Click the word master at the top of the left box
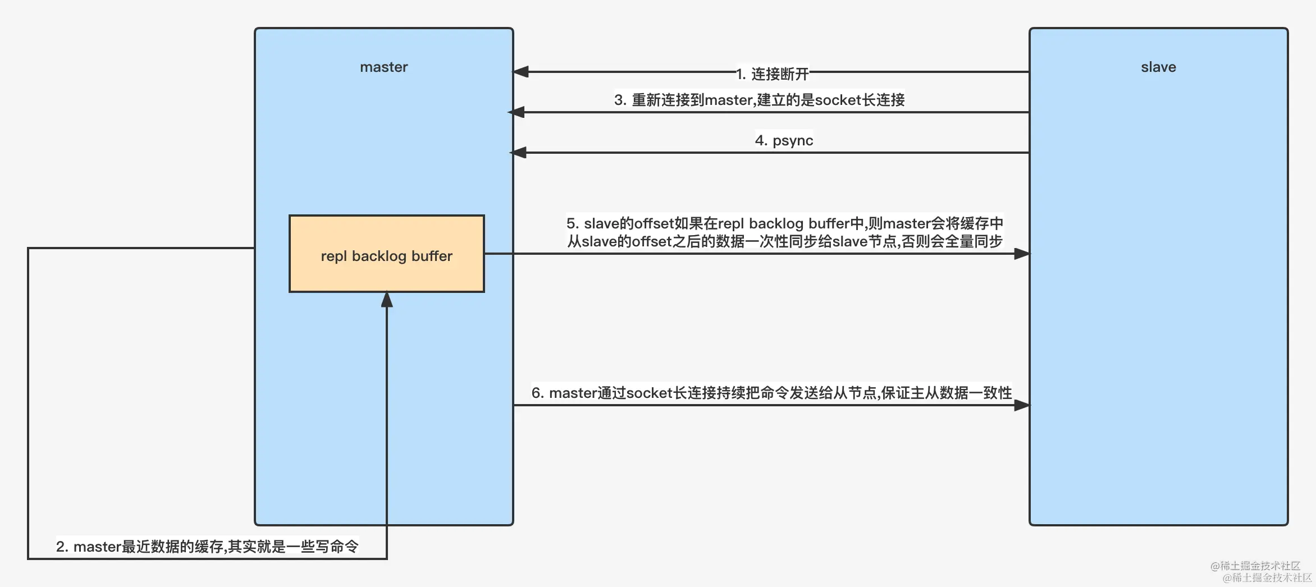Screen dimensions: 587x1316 point(383,67)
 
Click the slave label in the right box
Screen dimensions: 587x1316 point(1158,67)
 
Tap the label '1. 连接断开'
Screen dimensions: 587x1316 point(773,74)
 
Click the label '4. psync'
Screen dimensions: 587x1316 point(784,140)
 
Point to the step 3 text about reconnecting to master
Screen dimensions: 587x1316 point(759,100)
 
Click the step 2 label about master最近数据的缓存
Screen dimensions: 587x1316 point(207,547)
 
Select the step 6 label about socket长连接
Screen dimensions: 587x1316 point(771,393)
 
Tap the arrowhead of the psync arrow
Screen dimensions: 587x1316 point(518,153)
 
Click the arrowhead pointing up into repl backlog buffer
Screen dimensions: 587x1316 point(387,300)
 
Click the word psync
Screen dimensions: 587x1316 point(793,140)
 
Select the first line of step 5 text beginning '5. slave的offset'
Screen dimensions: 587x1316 point(784,223)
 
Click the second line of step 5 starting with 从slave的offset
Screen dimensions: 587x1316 point(784,242)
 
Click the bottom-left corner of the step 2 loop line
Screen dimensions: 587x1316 point(28,559)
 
